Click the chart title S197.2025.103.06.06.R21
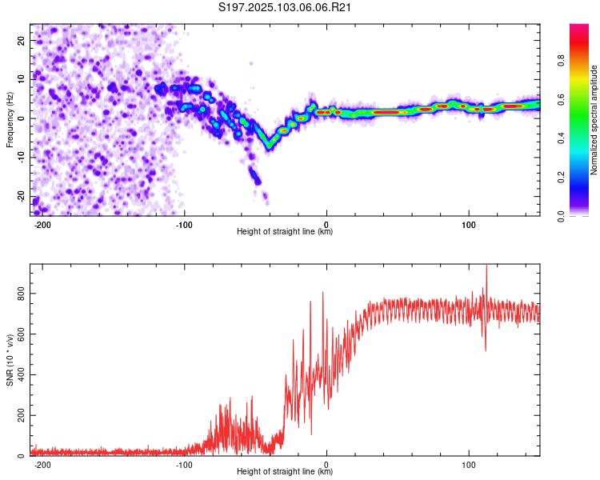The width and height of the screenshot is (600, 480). click(x=284, y=7)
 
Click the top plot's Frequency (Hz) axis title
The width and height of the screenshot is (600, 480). click(x=10, y=120)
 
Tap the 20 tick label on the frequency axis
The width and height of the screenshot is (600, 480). click(x=21, y=40)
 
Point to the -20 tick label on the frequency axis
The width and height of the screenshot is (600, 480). click(x=21, y=197)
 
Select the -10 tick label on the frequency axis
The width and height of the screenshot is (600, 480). click(x=21, y=158)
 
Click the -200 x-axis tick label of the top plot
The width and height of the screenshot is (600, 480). click(x=42, y=225)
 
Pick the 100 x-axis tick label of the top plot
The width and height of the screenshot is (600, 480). click(x=468, y=225)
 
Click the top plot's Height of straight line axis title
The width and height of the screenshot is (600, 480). click(x=285, y=231)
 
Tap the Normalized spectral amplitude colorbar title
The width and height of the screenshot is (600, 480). click(x=594, y=120)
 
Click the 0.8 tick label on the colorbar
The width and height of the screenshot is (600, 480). click(x=561, y=61)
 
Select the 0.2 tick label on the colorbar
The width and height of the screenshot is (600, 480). click(x=561, y=178)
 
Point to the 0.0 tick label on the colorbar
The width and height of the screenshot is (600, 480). click(x=561, y=216)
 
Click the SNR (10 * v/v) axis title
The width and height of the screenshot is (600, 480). click(x=10, y=360)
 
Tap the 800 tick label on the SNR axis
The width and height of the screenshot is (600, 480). click(x=21, y=294)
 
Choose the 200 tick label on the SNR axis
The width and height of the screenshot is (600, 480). click(x=21, y=415)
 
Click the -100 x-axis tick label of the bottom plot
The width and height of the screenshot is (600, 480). click(x=184, y=465)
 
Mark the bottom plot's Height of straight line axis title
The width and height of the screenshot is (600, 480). click(x=285, y=471)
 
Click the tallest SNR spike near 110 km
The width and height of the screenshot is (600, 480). click(x=486, y=266)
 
